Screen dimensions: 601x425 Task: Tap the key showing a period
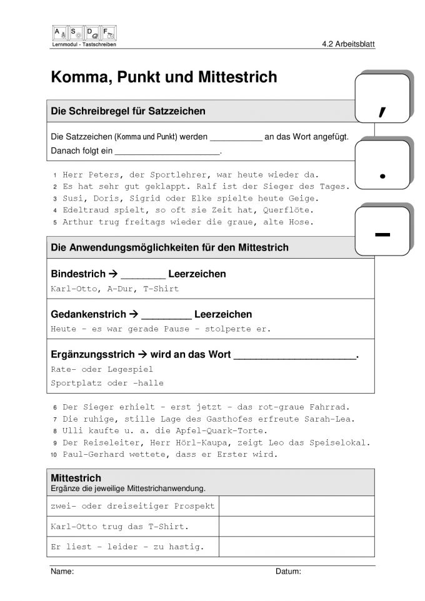tap(382, 166)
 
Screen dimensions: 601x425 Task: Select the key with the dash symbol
tap(382, 232)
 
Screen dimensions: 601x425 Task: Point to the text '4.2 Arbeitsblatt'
tap(348, 44)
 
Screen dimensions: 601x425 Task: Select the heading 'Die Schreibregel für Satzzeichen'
tap(128, 111)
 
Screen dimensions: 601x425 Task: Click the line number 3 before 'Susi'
tap(55, 199)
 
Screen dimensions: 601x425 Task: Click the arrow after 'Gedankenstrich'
tap(133, 314)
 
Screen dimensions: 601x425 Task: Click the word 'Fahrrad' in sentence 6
tap(331, 407)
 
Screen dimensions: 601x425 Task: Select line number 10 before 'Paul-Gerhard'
tap(54, 455)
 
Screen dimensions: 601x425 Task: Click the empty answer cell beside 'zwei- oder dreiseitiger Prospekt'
tap(296, 506)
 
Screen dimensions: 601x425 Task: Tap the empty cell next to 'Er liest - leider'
tap(296, 547)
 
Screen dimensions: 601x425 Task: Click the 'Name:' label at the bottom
tap(62, 572)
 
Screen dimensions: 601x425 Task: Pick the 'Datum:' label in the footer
tap(288, 572)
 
